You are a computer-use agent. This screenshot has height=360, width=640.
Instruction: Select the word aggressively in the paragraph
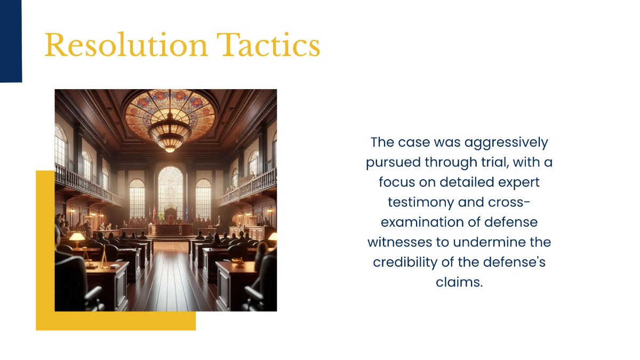point(506,142)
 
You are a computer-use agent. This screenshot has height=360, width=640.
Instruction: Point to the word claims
point(459,282)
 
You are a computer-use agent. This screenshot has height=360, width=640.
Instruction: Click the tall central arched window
point(171,192)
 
